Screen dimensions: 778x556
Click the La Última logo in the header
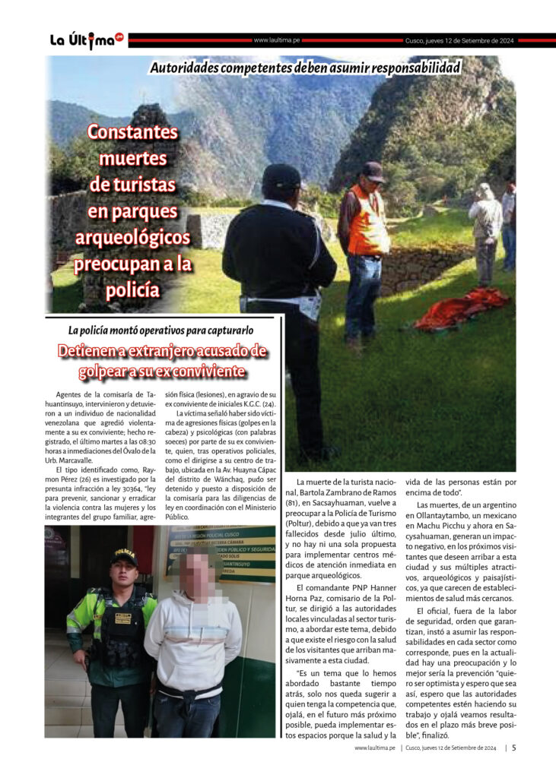86,40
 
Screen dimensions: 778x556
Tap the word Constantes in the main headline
133,132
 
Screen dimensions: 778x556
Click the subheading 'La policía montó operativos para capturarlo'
160,330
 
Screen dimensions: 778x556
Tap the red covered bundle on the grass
460,308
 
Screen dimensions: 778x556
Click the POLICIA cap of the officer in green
123,556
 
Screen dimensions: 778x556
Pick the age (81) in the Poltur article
304,502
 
